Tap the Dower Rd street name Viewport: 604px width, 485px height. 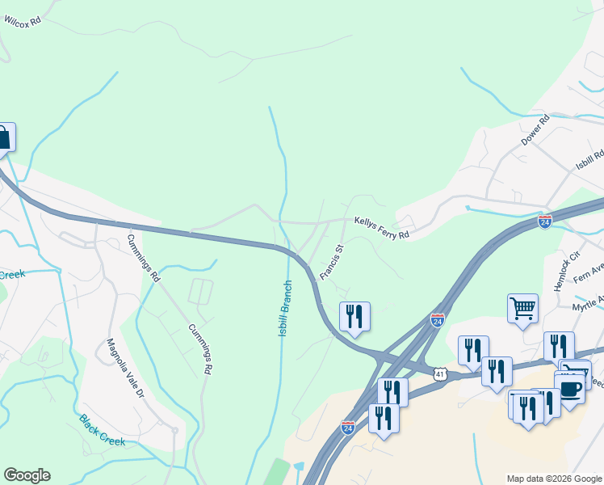point(535,130)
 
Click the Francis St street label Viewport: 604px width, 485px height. point(332,262)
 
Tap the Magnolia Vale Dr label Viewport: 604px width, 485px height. point(125,369)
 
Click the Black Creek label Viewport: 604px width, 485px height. point(102,429)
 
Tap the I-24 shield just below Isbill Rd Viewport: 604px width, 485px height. point(545,221)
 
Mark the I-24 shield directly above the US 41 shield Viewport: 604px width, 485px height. point(438,321)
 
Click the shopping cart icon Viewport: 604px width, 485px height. point(523,308)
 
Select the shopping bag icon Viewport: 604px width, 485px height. point(2,137)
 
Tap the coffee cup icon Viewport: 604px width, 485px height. point(570,388)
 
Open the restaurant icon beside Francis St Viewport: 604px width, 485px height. point(354,316)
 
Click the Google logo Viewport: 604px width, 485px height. point(27,475)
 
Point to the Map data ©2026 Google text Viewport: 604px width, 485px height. point(554,479)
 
